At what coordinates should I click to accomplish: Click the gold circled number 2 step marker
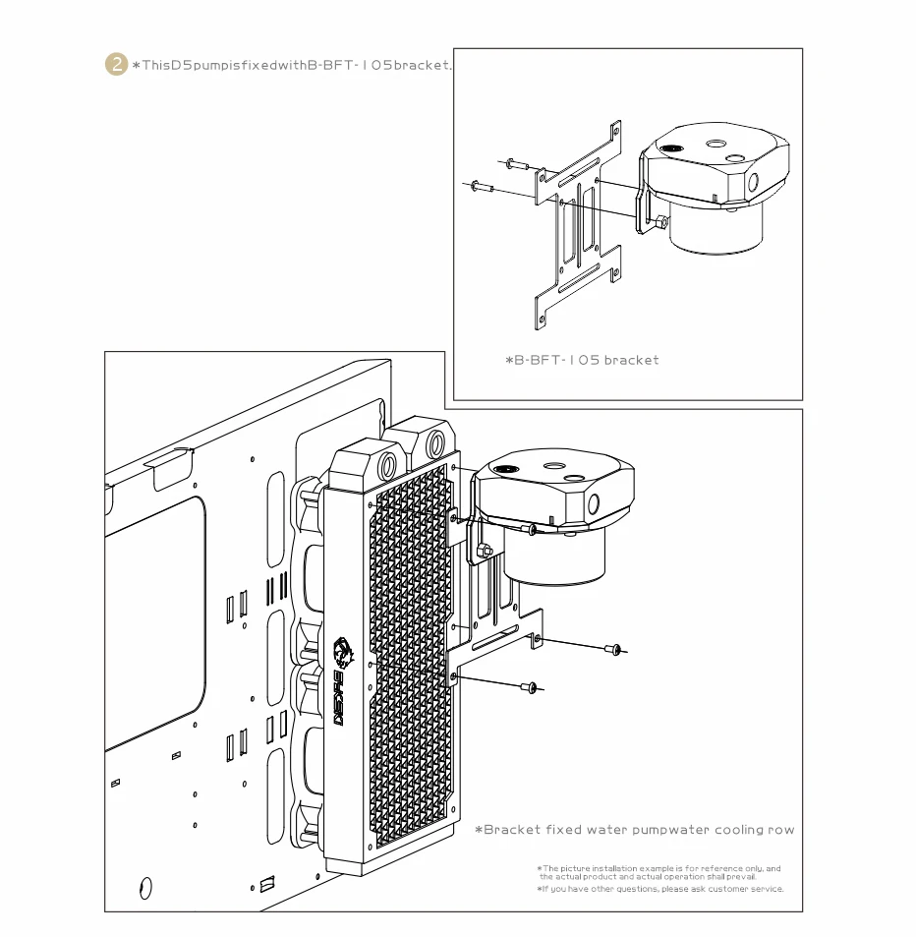[116, 65]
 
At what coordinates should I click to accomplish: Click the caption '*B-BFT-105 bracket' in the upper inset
[582, 360]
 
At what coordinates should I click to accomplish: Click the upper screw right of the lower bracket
[613, 648]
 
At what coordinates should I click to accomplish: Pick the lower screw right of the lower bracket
[532, 686]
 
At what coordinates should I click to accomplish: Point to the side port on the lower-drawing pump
[594, 503]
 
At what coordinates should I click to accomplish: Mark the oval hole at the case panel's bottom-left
[146, 887]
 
